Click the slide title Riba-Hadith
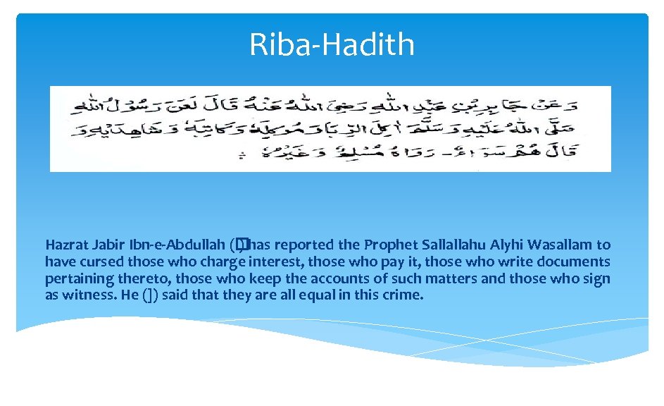pos(332,44)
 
